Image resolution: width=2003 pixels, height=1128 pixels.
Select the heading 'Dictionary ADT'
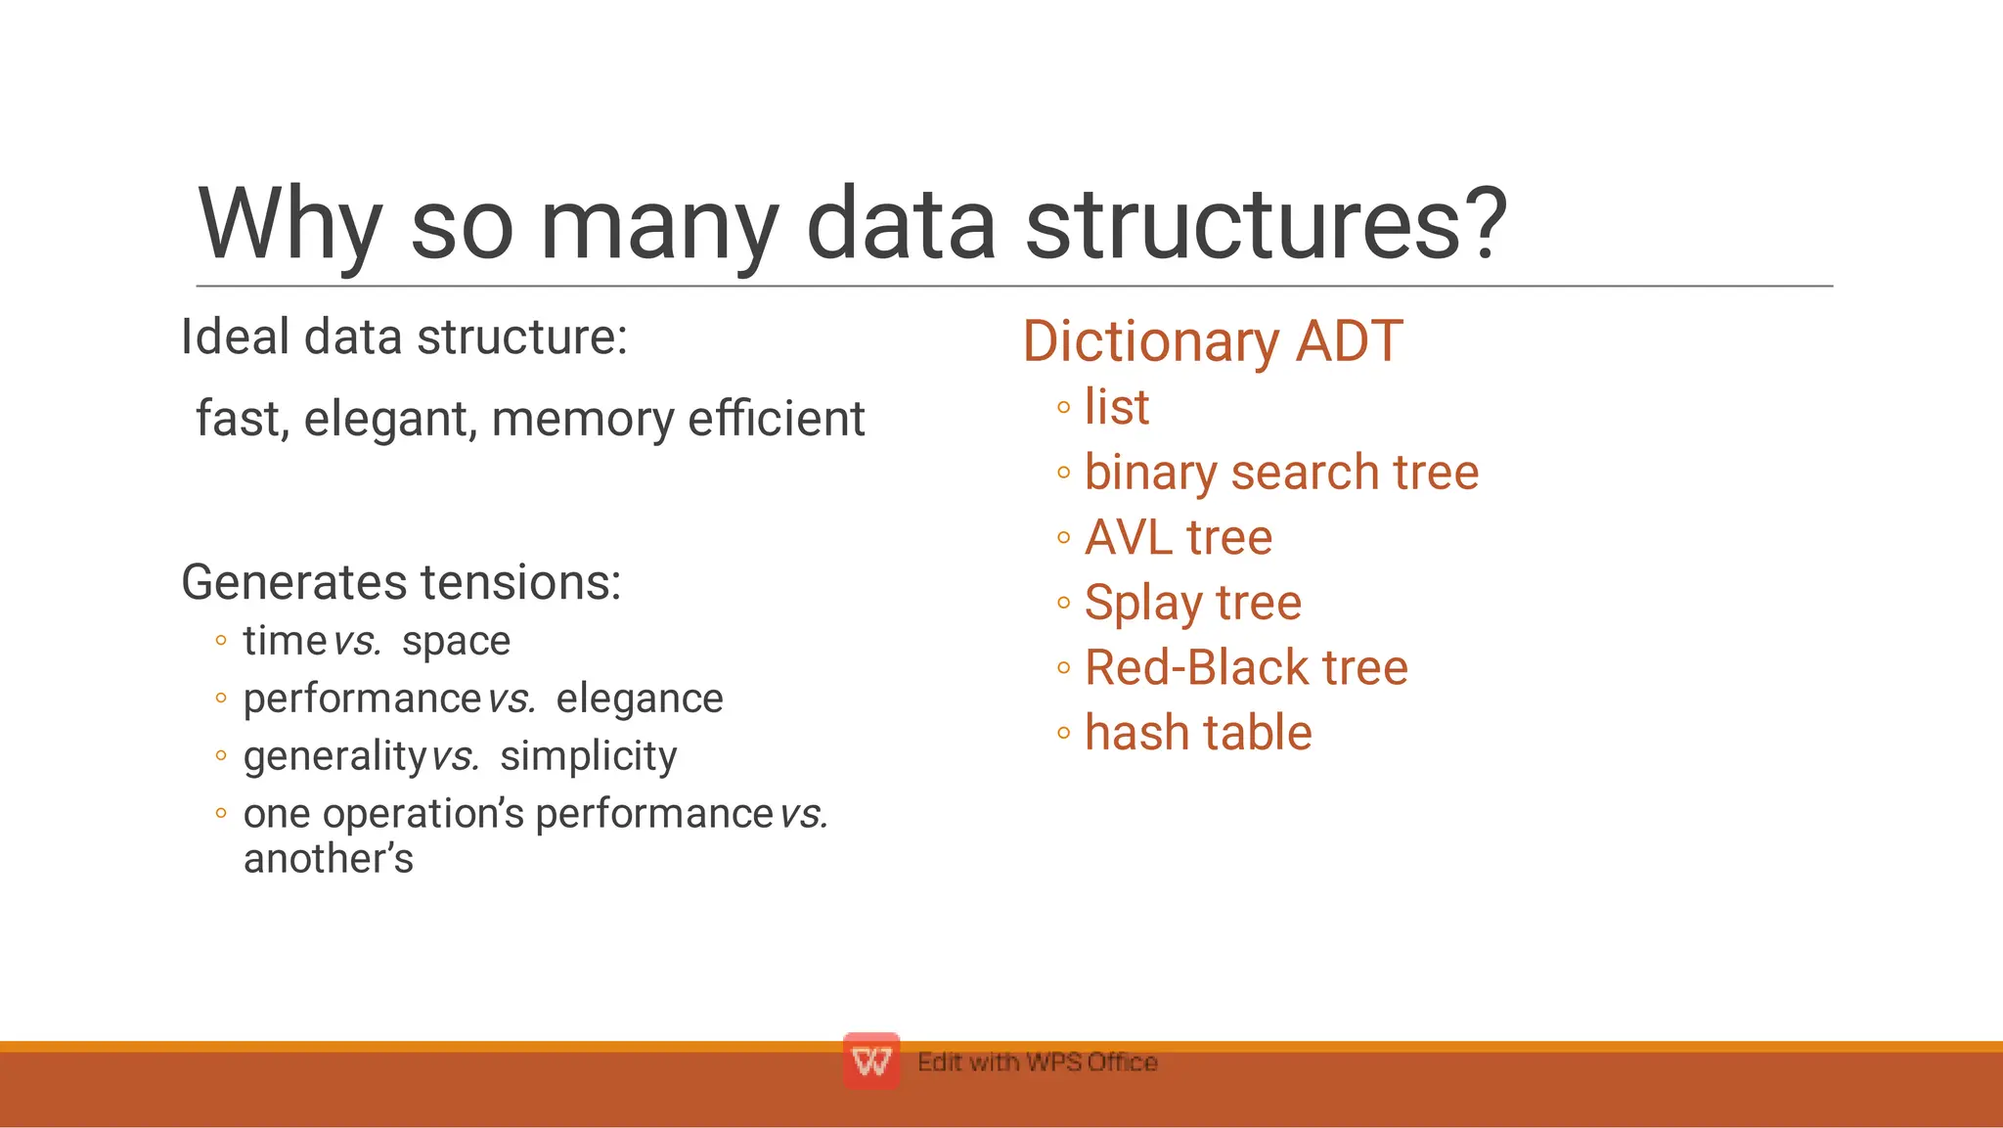pos(1213,341)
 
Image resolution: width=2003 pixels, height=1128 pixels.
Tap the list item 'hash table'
pos(1198,733)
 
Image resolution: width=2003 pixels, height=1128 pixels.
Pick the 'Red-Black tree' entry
pos(1246,668)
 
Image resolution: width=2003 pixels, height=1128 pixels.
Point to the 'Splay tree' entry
pos(1192,603)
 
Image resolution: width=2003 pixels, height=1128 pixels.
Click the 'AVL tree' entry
pos(1179,538)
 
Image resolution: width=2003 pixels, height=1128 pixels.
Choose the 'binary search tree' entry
pos(1281,473)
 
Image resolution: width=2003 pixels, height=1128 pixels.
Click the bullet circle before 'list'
pos(1064,408)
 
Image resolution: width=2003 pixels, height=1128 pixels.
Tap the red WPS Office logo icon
pos(870,1060)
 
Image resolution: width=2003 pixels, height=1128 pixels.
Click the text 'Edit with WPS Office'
pos(1037,1062)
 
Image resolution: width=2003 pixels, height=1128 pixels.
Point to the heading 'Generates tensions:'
pos(401,582)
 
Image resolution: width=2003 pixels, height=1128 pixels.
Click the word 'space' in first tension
pos(456,642)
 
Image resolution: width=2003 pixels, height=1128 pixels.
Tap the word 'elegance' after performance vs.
pos(640,699)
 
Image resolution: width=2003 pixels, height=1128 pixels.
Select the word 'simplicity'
pos(588,756)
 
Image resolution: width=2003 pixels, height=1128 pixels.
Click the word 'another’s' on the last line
pos(328,859)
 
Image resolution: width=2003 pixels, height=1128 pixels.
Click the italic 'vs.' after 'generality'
pos(456,756)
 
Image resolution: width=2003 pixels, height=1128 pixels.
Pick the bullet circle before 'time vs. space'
pos(221,642)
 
